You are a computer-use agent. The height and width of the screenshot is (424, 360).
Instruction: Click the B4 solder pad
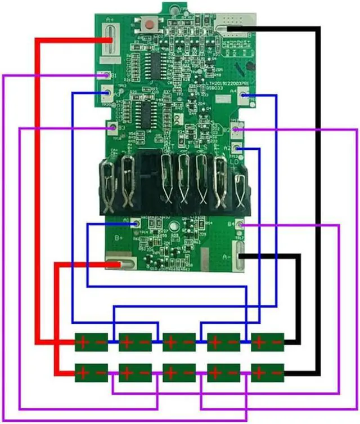[240, 225]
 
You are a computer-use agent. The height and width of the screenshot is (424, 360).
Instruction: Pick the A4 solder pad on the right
[244, 96]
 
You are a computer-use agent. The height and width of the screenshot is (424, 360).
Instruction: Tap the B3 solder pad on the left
[111, 129]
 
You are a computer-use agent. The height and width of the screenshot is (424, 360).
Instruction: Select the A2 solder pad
[239, 149]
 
